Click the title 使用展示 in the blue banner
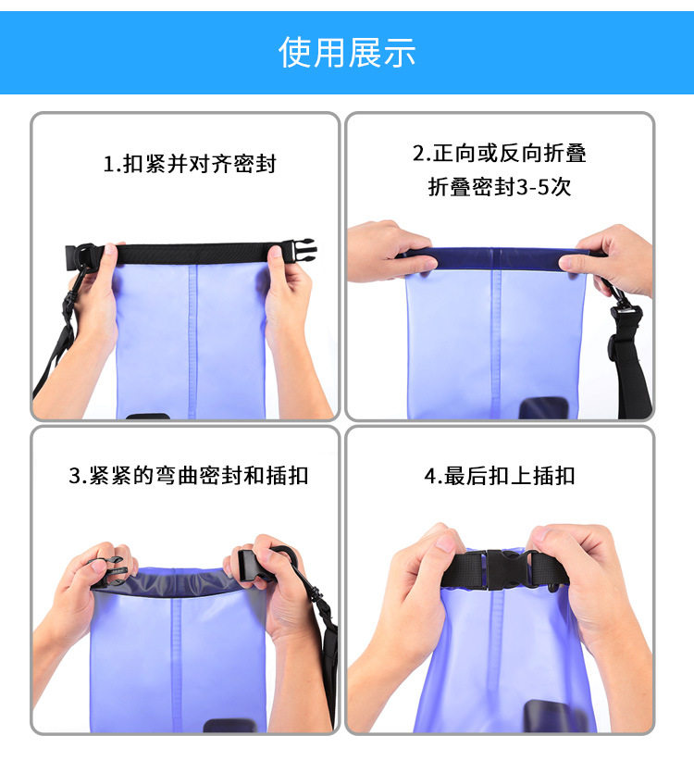tap(347, 52)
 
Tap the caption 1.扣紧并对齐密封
tap(190, 164)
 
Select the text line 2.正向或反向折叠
tap(500, 154)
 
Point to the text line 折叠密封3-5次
tap(500, 187)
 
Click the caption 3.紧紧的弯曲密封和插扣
tap(189, 476)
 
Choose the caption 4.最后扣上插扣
tap(500, 476)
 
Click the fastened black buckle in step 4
tap(502, 569)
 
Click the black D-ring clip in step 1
tap(82, 257)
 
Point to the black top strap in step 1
tap(192, 254)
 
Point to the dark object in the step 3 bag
tap(229, 726)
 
